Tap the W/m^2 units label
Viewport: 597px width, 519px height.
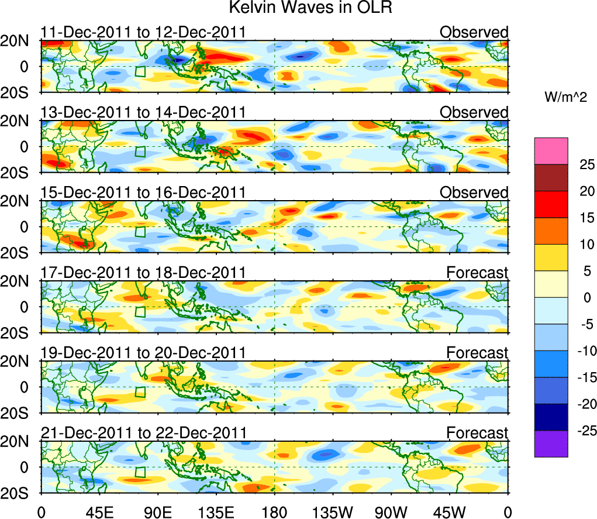(565, 98)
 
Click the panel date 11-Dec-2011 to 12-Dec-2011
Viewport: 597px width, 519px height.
(143, 32)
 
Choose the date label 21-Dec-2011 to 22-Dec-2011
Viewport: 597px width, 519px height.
(143, 433)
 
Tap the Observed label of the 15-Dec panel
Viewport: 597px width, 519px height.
(474, 193)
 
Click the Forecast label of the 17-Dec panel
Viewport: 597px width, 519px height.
(477, 273)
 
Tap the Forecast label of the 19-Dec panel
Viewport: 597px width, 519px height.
(477, 353)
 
